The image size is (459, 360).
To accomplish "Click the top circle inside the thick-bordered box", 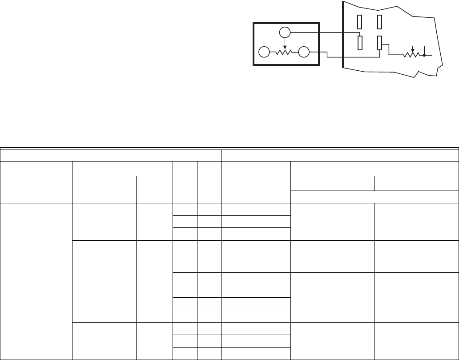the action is tap(285, 32).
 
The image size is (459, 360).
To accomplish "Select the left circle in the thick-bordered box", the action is tap(264, 52).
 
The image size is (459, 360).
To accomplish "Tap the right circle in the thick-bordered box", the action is tap(304, 52).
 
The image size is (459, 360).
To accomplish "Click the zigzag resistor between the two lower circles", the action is tap(284, 52).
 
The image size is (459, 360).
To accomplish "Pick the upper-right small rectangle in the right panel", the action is tap(379, 21).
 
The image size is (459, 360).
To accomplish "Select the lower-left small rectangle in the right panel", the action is tap(360, 43).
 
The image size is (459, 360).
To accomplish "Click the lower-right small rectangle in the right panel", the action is tap(379, 43).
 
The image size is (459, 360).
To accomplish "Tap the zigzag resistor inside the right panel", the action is tap(412, 56).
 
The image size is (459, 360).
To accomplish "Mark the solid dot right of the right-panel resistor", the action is tap(425, 56).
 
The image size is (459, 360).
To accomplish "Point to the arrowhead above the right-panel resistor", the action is tap(412, 50).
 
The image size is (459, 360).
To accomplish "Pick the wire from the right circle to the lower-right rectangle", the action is tap(351, 57).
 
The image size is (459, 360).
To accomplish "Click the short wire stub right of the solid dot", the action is tap(429, 56).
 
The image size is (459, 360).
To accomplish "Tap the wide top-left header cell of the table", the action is tap(111, 155).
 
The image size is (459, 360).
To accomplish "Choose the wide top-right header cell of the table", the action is tap(340, 155).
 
